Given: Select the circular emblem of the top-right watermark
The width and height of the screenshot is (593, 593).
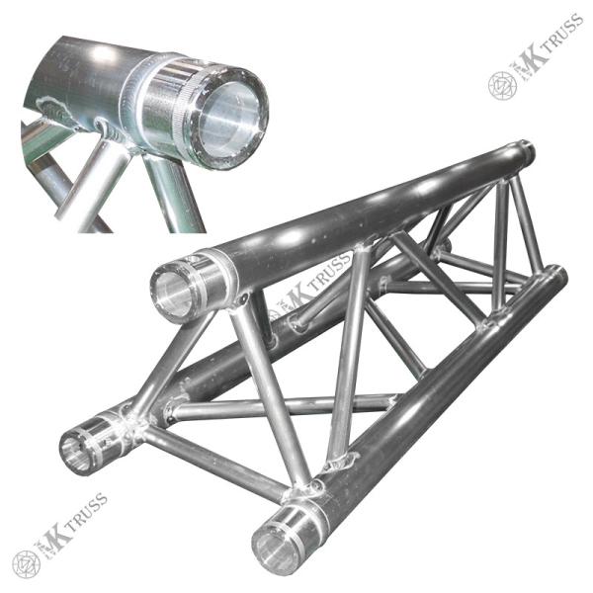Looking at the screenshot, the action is pyautogui.click(x=503, y=86).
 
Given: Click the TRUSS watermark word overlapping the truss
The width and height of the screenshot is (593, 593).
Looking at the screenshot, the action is pyautogui.click(x=330, y=272).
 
